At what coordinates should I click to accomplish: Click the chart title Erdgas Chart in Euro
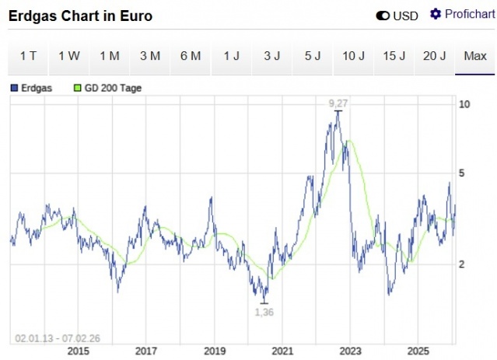[x=80, y=16]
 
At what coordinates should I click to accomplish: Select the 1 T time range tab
[x=28, y=56]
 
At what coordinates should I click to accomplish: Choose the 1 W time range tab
[x=68, y=56]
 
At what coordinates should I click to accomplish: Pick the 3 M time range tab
[x=150, y=56]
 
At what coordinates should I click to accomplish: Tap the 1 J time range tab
[x=231, y=56]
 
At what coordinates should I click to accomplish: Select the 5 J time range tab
[x=313, y=56]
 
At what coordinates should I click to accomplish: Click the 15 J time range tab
[x=394, y=56]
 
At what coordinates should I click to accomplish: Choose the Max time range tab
[x=474, y=56]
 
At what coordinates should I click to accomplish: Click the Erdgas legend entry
[x=32, y=88]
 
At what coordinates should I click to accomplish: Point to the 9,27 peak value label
[x=338, y=103]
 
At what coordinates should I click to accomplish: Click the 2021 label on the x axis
[x=282, y=351]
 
